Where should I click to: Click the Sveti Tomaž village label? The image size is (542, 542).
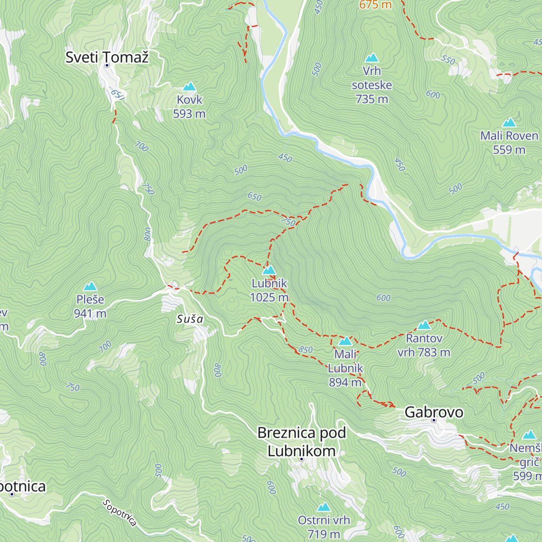coord(107,57)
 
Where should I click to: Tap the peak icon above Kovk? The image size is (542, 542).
coord(189,86)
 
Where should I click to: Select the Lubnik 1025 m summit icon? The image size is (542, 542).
coord(269,270)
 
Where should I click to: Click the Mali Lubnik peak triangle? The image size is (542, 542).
coord(345,341)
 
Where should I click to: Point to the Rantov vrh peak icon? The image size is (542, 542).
coord(424,325)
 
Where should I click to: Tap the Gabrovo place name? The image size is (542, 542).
coord(434,412)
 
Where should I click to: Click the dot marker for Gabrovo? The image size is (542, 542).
coord(434,420)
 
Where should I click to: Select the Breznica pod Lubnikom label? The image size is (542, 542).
coord(302,442)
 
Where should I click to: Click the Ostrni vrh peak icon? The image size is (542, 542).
coord(323,507)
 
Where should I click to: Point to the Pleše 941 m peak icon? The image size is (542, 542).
coord(90,286)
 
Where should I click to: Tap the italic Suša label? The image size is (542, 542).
coord(190,319)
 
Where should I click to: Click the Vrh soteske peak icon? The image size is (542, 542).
coord(372,58)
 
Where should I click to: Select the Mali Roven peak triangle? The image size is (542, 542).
coord(509,122)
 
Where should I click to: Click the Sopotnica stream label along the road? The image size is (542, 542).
coord(119,513)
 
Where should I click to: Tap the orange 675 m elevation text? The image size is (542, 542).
coord(375,5)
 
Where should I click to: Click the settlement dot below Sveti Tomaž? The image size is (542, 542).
coord(107,65)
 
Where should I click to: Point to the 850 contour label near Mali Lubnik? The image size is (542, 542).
coord(306,350)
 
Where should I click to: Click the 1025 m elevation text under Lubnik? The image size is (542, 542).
coord(269,297)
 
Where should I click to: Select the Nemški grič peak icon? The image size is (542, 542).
coord(529,435)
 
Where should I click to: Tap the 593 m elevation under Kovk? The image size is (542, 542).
coord(189,114)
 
